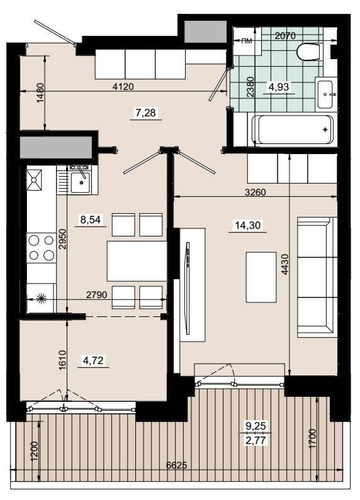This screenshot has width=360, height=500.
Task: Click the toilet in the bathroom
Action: click(x=308, y=52)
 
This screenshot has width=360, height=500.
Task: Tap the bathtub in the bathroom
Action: click(x=292, y=130)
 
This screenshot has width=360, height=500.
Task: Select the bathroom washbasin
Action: click(x=326, y=94)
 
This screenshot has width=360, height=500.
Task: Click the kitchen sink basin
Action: click(x=80, y=183)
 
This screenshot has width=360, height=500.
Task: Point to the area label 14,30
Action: click(x=248, y=225)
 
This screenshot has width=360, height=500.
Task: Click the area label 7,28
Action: click(x=146, y=113)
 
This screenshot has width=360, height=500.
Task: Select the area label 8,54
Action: click(x=91, y=219)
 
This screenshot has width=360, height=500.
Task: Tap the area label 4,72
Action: click(x=93, y=360)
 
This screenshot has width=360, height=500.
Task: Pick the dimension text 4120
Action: click(x=123, y=86)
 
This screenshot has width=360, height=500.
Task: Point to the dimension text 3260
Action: click(x=255, y=192)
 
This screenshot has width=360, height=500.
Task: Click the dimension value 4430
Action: click(x=285, y=264)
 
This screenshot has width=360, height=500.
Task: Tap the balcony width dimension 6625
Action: click(x=176, y=465)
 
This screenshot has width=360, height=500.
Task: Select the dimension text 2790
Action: click(x=97, y=295)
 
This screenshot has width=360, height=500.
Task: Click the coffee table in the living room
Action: click(x=261, y=277)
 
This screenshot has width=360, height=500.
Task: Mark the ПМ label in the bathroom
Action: click(x=246, y=41)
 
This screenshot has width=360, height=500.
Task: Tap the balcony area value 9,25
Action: click(x=255, y=426)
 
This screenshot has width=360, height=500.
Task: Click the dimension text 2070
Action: click(x=285, y=36)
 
